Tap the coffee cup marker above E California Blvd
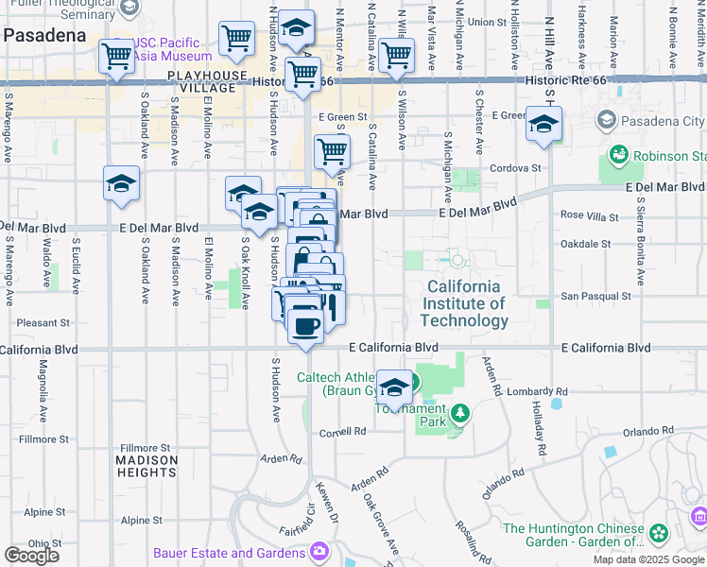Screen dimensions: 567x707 pos(304,326)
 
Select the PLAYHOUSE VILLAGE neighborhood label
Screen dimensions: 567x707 pos(201,80)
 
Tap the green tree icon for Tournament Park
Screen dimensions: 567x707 pos(459,413)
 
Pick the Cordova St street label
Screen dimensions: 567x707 pos(515,168)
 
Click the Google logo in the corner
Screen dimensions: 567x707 pos(31,556)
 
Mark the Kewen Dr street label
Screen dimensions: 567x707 pos(328,500)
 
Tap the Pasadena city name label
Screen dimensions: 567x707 pos(43,34)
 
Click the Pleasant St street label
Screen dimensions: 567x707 pos(37,322)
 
